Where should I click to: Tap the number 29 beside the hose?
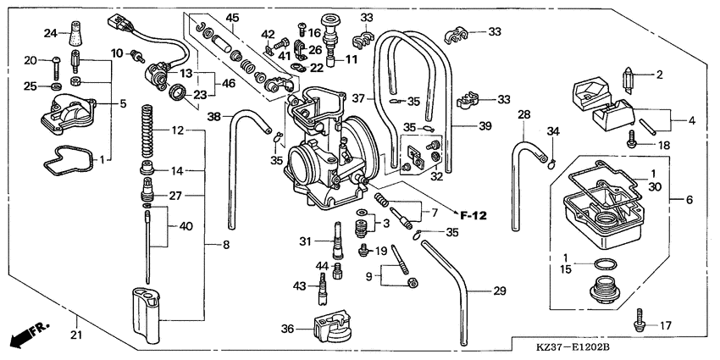pyautogui.click(x=500, y=291)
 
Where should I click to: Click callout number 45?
pyautogui.click(x=231, y=17)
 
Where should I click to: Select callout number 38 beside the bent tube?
pyautogui.click(x=214, y=118)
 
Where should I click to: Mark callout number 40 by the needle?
pyautogui.click(x=186, y=225)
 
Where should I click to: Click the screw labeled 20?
pyautogui.click(x=53, y=61)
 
